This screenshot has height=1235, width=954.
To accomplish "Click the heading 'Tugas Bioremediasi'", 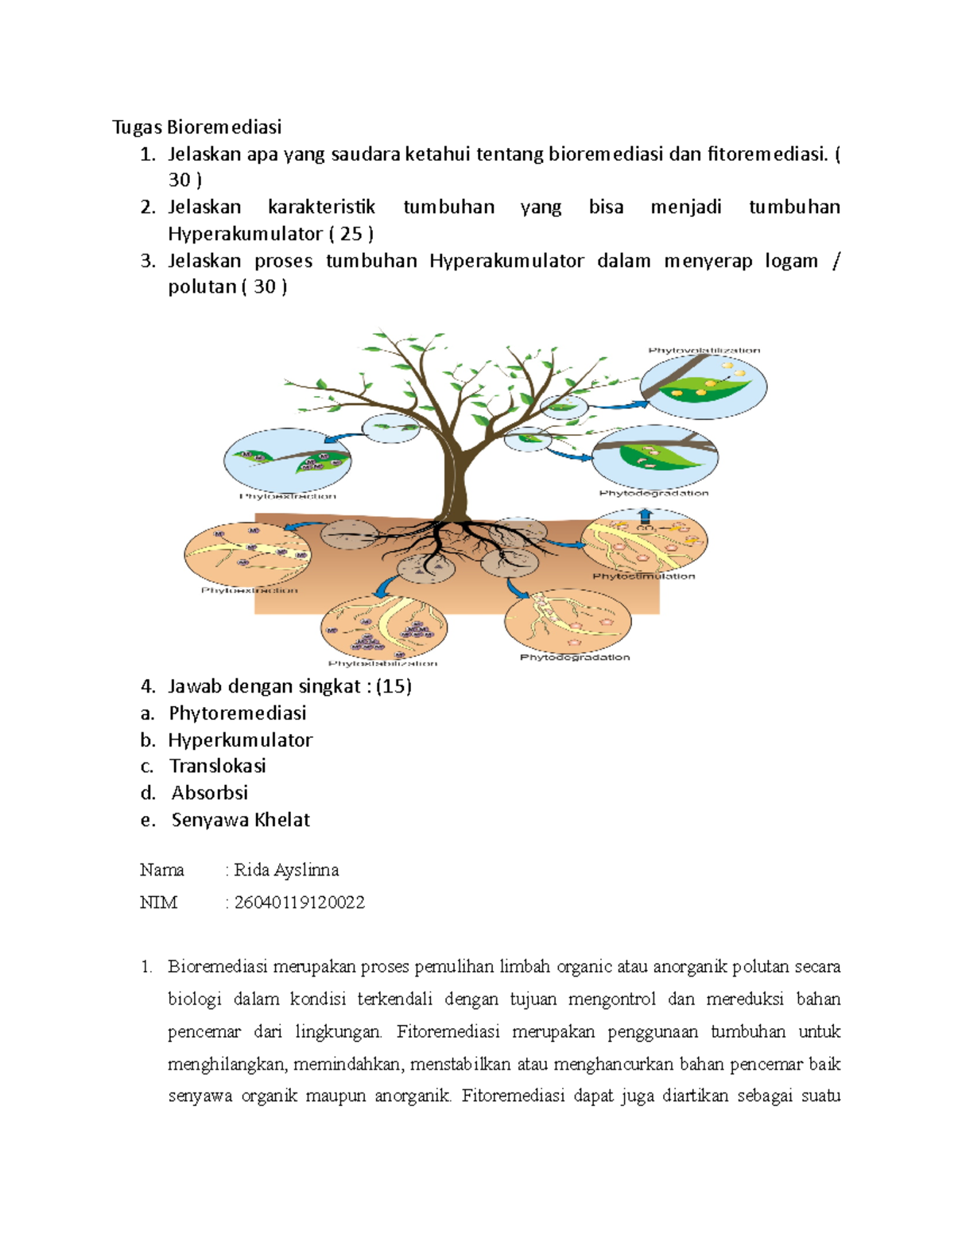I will [x=196, y=127].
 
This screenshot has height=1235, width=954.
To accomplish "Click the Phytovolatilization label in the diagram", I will [x=704, y=350].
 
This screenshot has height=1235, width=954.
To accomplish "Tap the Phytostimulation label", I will [x=643, y=576].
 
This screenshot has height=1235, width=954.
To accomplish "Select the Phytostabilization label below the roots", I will [x=382, y=663].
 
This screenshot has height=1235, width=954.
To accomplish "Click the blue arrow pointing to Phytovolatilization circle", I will [x=615, y=406].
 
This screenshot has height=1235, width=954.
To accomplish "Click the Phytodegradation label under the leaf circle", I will [x=653, y=493].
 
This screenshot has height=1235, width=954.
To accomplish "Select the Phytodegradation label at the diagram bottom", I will [x=575, y=657].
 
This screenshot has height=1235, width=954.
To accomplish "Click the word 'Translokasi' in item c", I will [x=217, y=766].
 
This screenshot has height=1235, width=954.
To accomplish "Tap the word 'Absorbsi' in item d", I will [x=209, y=793].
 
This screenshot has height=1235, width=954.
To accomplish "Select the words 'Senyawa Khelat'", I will [x=240, y=820].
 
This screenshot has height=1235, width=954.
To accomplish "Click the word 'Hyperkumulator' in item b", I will [x=240, y=740].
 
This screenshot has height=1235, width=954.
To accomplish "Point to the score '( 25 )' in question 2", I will [x=351, y=234].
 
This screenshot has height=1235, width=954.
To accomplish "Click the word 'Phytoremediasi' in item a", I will [x=237, y=713].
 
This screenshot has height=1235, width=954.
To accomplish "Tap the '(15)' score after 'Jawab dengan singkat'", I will [x=394, y=686].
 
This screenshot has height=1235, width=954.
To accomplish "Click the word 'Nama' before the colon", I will [x=161, y=870].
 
